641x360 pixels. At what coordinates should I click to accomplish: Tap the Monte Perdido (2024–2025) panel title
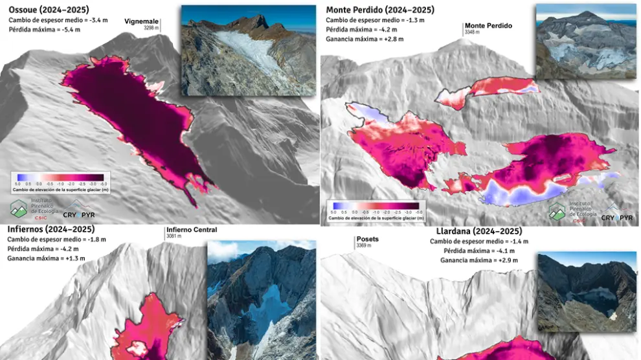[x=380, y=10]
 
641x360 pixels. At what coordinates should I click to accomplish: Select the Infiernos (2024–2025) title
[x=51, y=229]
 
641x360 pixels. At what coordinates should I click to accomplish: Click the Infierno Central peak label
[x=191, y=230]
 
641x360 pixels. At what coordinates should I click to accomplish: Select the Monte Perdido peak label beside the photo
[x=488, y=26]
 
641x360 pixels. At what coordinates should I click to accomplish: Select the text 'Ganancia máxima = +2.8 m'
[x=365, y=39]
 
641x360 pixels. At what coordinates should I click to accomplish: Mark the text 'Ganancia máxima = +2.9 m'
[x=479, y=260]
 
